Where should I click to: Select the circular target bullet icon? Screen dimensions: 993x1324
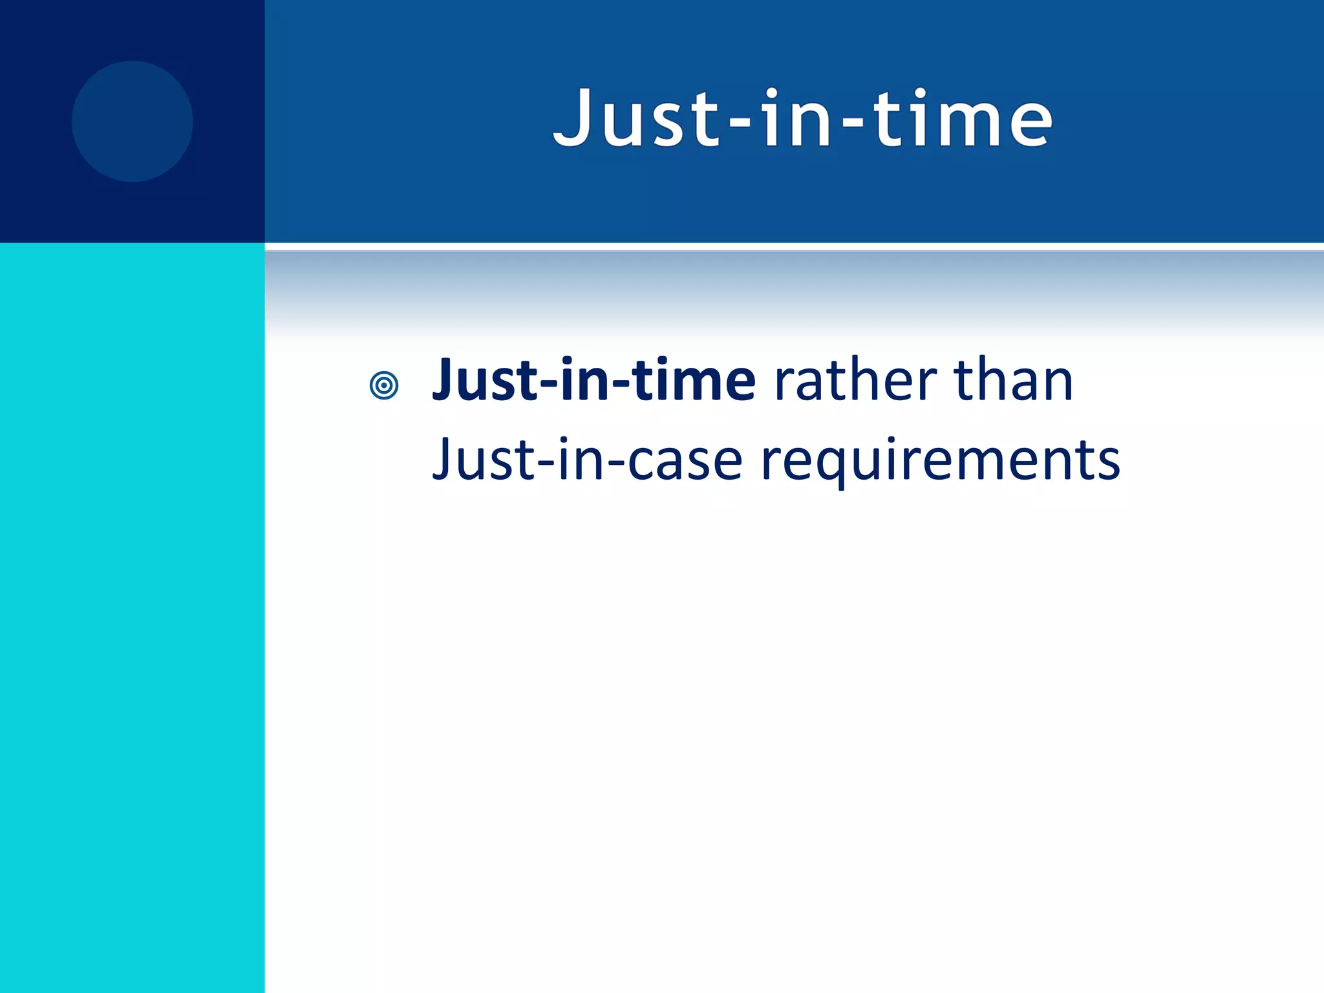[x=384, y=385]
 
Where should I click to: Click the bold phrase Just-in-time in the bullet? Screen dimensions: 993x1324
[x=593, y=381]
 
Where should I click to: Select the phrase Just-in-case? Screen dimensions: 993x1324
[x=587, y=460]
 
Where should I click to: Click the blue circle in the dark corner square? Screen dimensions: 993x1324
[x=133, y=122]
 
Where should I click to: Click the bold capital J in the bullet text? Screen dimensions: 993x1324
[x=447, y=381]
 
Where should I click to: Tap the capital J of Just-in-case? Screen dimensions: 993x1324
[x=444, y=460]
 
